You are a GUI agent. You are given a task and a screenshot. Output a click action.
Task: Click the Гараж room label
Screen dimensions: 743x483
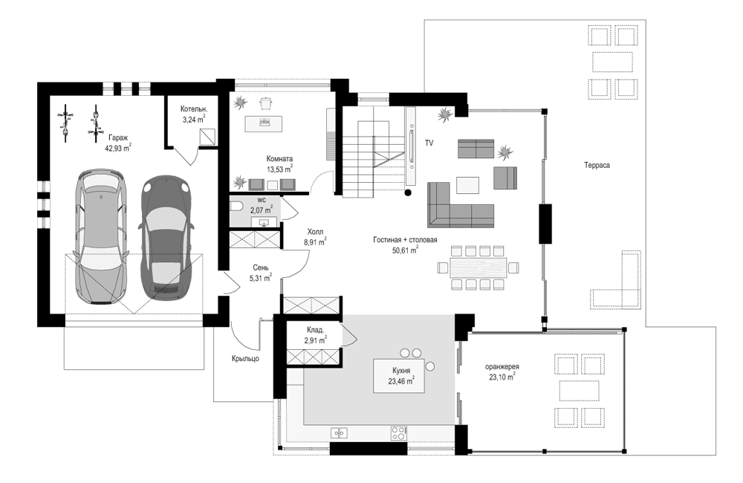point(118,138)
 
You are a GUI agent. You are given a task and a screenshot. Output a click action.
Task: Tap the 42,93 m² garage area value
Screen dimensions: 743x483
point(117,148)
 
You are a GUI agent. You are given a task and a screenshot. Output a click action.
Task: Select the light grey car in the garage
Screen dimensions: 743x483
point(100,236)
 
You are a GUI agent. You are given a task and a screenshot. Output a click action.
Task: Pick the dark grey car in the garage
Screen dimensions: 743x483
point(166,238)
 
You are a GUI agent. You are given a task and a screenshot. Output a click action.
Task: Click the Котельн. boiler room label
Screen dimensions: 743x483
point(194,109)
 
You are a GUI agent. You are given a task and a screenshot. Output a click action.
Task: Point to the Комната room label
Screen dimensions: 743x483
point(279,159)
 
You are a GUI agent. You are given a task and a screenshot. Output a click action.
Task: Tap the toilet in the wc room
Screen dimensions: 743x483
point(236,206)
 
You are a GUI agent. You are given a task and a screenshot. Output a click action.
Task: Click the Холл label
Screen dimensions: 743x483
point(315,232)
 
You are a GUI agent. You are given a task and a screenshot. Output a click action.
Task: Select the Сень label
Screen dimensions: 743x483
point(260,268)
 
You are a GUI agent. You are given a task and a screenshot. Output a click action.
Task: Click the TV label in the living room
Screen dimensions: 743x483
point(429,143)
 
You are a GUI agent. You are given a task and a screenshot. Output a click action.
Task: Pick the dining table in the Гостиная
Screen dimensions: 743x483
point(478,268)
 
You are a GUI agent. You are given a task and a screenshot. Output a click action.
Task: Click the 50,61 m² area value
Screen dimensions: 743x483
point(405,250)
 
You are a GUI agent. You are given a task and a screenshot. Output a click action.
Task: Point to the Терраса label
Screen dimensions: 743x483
point(597,165)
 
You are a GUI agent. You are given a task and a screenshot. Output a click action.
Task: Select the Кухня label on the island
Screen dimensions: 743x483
point(401,371)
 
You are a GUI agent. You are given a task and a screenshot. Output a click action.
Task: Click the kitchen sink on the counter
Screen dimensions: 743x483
point(339,432)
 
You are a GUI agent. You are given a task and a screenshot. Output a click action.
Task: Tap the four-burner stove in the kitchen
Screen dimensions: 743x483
point(398,432)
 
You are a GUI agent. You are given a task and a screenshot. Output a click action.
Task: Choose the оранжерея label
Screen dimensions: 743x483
point(502,367)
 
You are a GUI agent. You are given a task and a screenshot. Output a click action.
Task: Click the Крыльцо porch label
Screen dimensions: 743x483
point(245,358)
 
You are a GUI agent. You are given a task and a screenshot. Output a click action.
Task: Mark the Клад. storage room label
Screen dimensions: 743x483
point(315,330)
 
